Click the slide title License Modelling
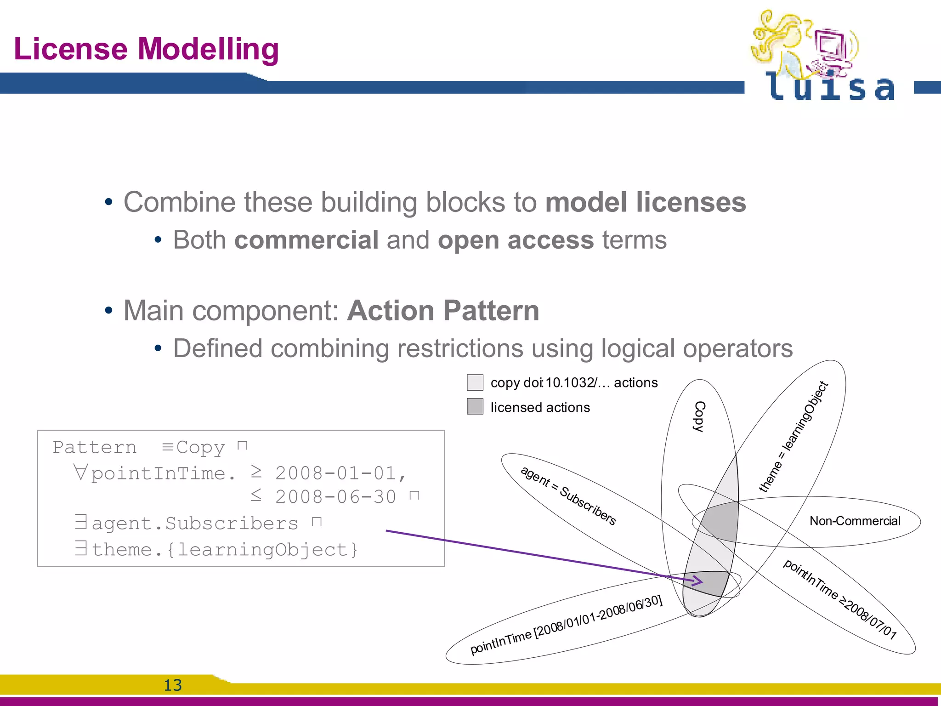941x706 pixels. [146, 49]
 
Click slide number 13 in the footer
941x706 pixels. [173, 685]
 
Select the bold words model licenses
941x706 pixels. [645, 202]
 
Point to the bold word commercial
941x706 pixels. [306, 240]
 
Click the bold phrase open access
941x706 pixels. [516, 240]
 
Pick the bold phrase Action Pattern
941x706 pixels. [443, 311]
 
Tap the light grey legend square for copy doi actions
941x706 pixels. [475, 382]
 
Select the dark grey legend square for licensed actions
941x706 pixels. [475, 406]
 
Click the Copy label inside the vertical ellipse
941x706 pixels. [699, 416]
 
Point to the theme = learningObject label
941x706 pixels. [794, 436]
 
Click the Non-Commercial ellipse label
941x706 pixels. [855, 521]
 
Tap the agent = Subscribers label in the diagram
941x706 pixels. [568, 496]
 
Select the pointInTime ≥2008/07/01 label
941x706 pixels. [839, 599]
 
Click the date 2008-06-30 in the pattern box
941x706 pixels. [335, 497]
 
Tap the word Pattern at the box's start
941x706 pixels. [95, 447]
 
